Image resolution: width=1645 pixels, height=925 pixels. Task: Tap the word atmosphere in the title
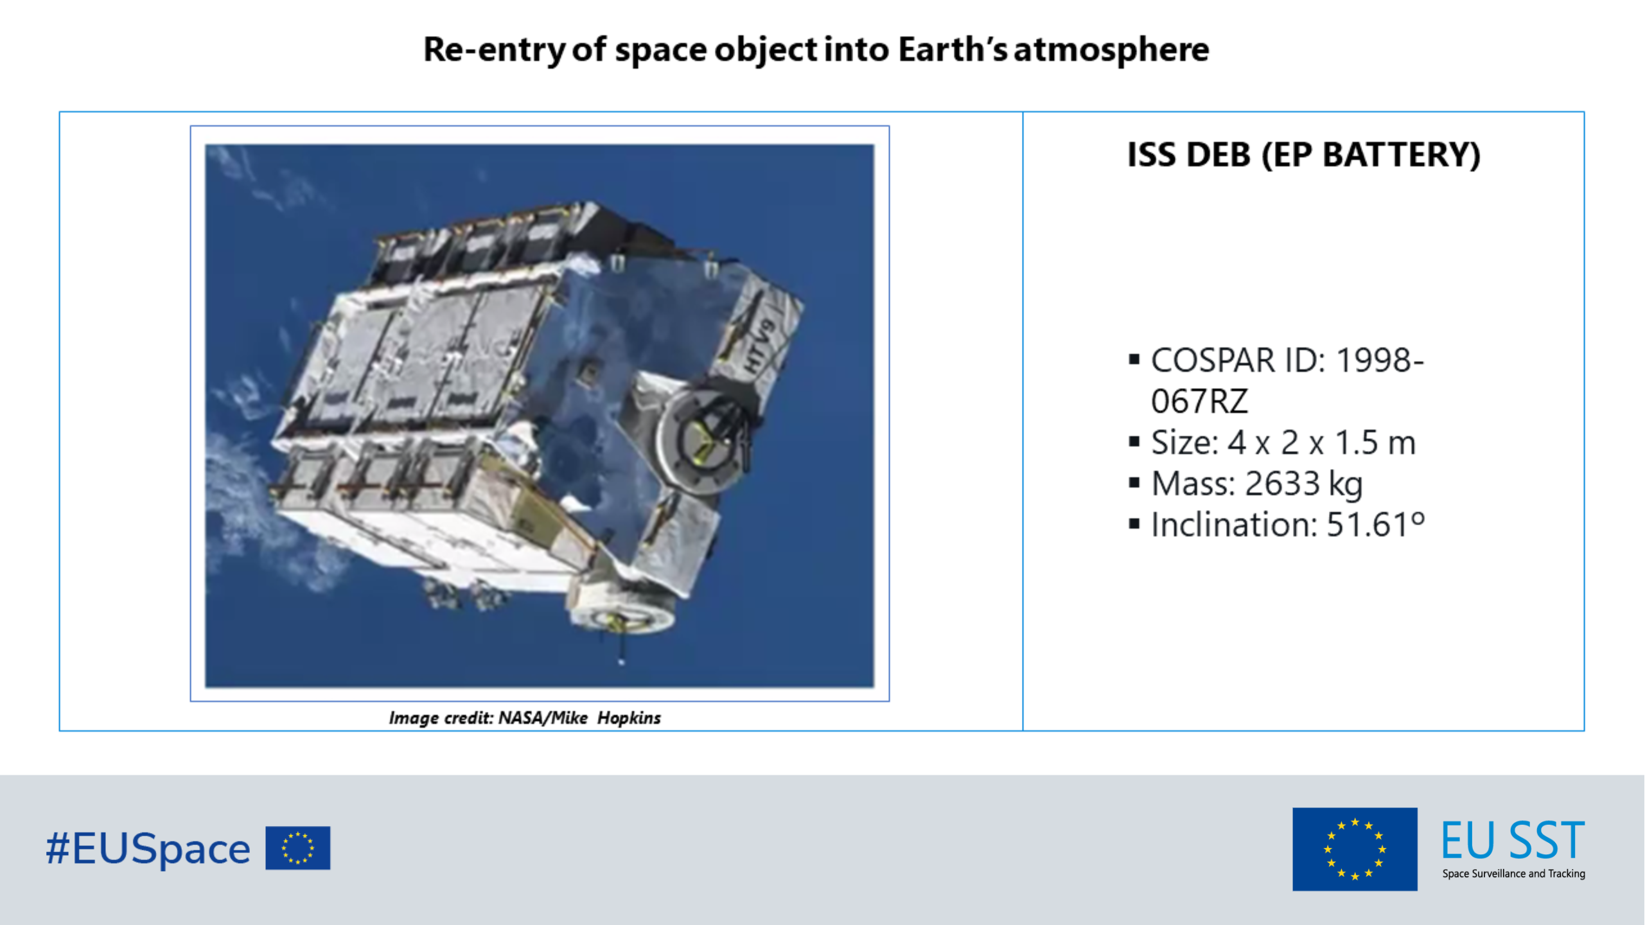(1111, 50)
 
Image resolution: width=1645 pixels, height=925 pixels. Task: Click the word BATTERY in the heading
(1401, 155)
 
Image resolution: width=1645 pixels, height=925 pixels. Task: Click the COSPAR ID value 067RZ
(1199, 401)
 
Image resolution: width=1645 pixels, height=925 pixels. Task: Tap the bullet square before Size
(1134, 442)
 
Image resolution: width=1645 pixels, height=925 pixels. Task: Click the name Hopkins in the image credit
(629, 718)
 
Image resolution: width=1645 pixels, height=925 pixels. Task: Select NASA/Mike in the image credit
(543, 718)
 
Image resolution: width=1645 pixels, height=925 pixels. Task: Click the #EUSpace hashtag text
(148, 849)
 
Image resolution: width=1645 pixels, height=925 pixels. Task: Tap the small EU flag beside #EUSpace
(298, 848)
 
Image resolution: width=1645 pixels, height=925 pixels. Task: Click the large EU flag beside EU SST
(1355, 849)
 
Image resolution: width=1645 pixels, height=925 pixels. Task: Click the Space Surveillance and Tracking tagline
(1513, 874)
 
